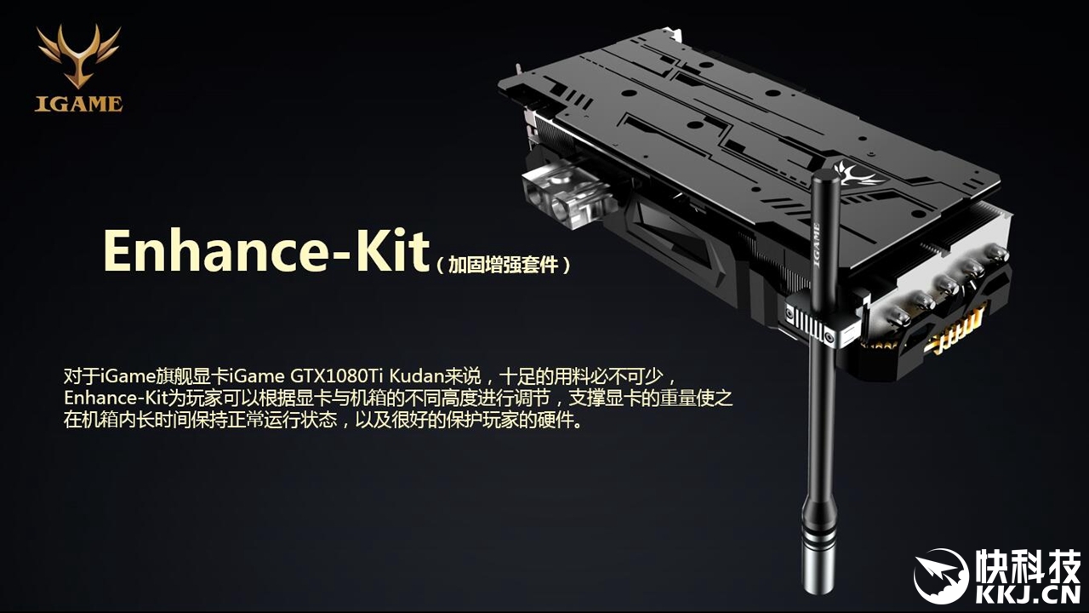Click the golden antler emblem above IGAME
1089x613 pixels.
pyautogui.click(x=78, y=56)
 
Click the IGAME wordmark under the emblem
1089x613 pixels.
pyautogui.click(x=79, y=104)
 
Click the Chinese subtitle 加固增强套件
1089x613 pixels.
pyautogui.click(x=504, y=265)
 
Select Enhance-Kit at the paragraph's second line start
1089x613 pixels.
pyautogui.click(x=116, y=398)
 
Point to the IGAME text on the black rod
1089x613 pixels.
pyautogui.click(x=818, y=244)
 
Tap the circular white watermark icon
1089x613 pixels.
pyautogui.click(x=941, y=576)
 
